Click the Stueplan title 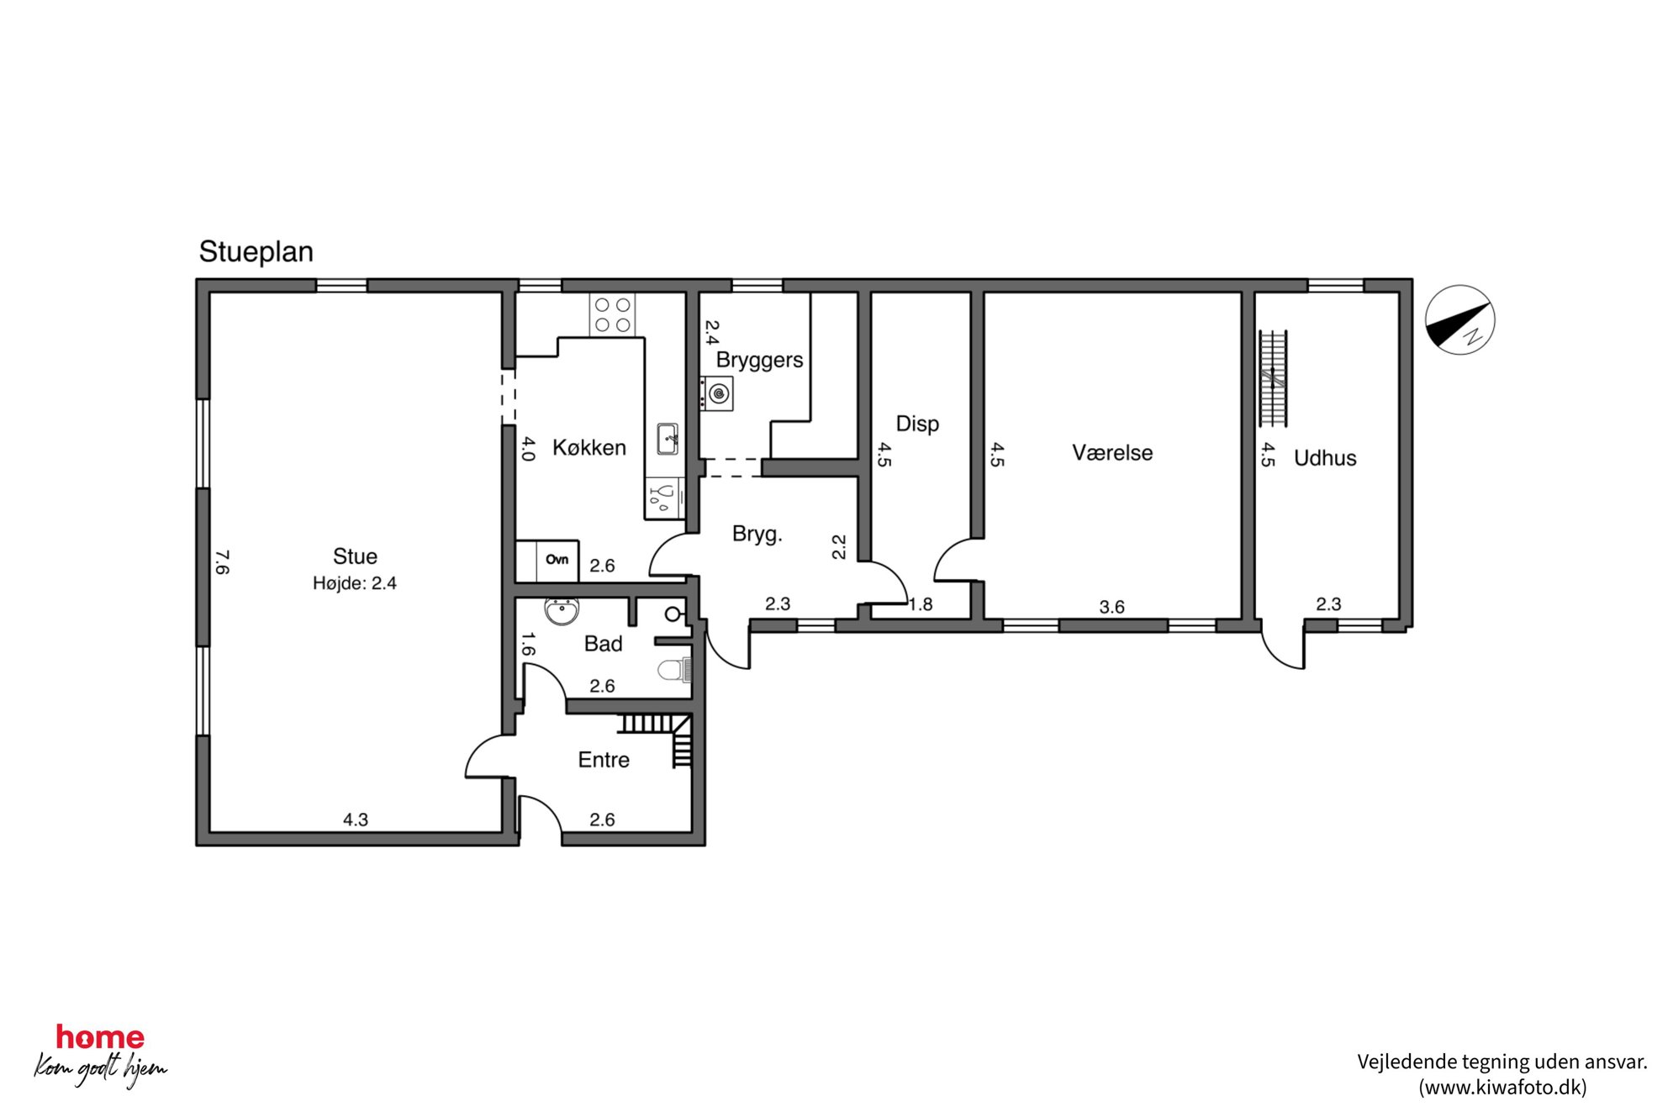point(256,251)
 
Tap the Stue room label point(355,556)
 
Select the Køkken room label point(589,447)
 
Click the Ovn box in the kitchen point(557,560)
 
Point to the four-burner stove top point(613,315)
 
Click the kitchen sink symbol point(668,439)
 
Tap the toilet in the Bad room point(674,670)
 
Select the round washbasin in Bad point(562,610)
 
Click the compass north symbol point(1459,320)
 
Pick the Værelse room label point(1112,453)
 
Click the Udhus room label point(1325,458)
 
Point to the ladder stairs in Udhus point(1274,378)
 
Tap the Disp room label point(917,424)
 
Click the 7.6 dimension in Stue point(222,562)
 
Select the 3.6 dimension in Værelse point(1111,607)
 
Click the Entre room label point(604,760)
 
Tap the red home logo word point(100,1037)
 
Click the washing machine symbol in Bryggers point(717,393)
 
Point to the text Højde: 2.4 point(355,583)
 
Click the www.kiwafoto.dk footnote point(1502,1088)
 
